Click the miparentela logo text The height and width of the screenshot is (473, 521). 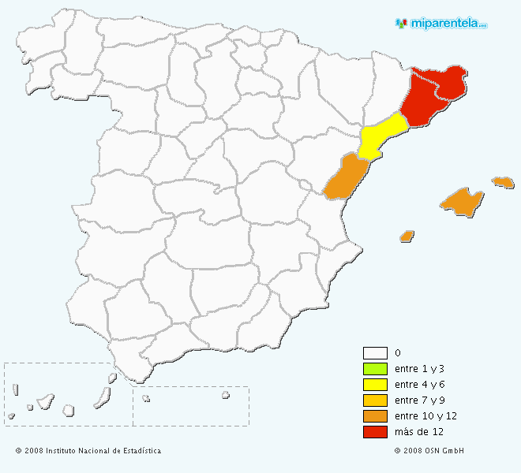(446, 24)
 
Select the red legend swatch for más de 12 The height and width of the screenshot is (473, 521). (375, 432)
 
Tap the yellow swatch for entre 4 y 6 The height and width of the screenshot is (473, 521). (375, 385)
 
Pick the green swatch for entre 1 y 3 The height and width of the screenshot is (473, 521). (375, 369)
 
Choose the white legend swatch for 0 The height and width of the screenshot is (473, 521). (375, 353)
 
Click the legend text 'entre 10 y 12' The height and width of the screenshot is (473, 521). (426, 416)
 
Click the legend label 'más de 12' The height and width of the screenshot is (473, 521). (420, 432)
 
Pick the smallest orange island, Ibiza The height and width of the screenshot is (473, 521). (407, 236)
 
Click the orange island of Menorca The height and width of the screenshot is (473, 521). (503, 182)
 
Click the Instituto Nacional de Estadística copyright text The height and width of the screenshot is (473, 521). (88, 451)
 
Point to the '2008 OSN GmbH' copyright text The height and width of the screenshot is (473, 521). (429, 451)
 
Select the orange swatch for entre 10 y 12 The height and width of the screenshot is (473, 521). (375, 416)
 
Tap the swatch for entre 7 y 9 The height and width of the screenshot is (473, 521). (375, 400)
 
